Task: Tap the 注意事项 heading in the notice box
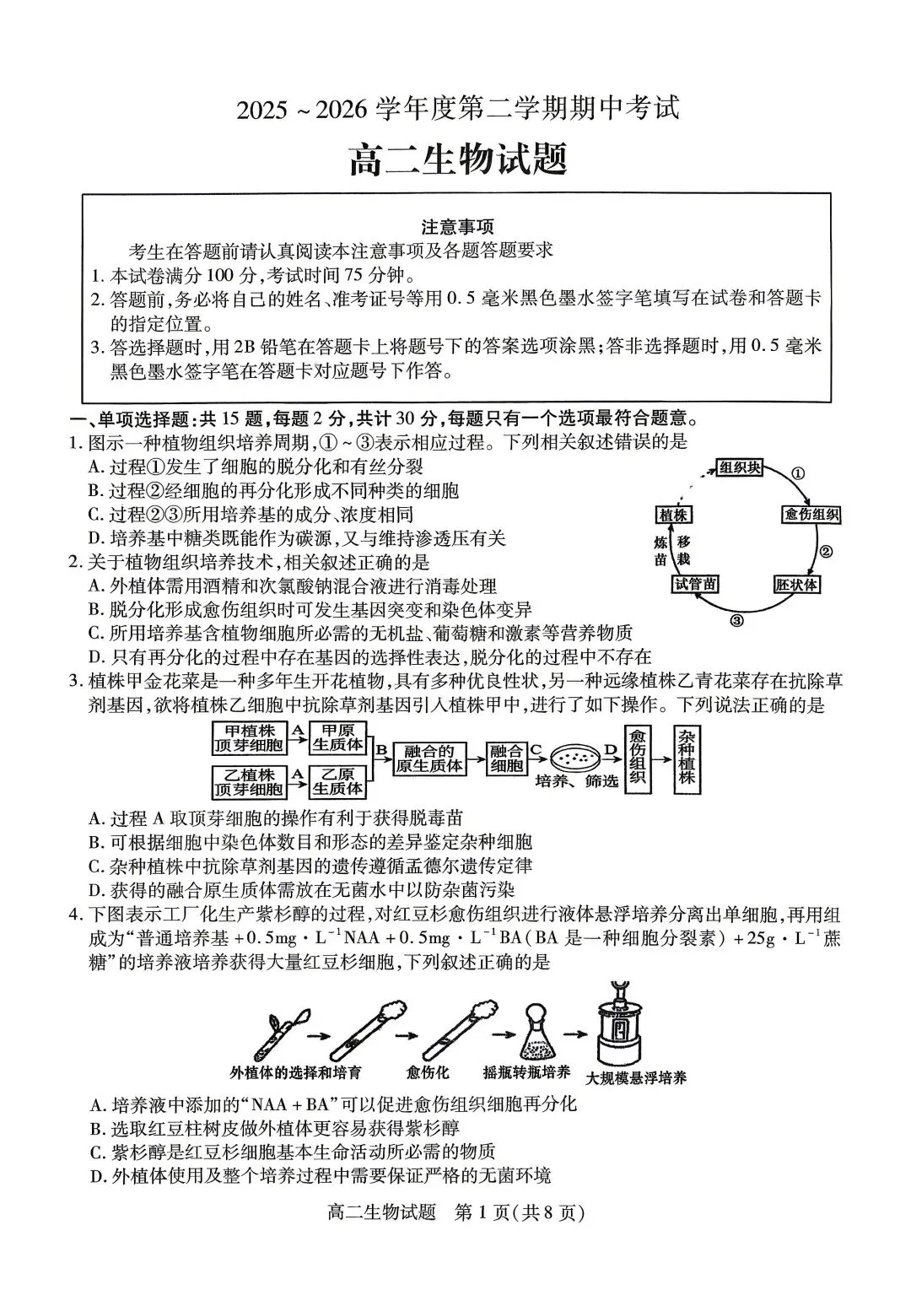tap(457, 227)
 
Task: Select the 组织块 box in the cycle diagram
tap(740, 467)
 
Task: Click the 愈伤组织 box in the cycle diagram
tap(811, 515)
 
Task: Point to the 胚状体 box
tap(797, 584)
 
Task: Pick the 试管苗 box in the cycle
tap(696, 584)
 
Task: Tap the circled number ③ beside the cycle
tap(736, 621)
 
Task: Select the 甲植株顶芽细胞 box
tap(249, 737)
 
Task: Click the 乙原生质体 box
tap(337, 782)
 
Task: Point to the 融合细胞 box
tap(507, 758)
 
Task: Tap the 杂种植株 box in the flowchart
tap(687, 758)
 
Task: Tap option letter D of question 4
tap(95, 1175)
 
